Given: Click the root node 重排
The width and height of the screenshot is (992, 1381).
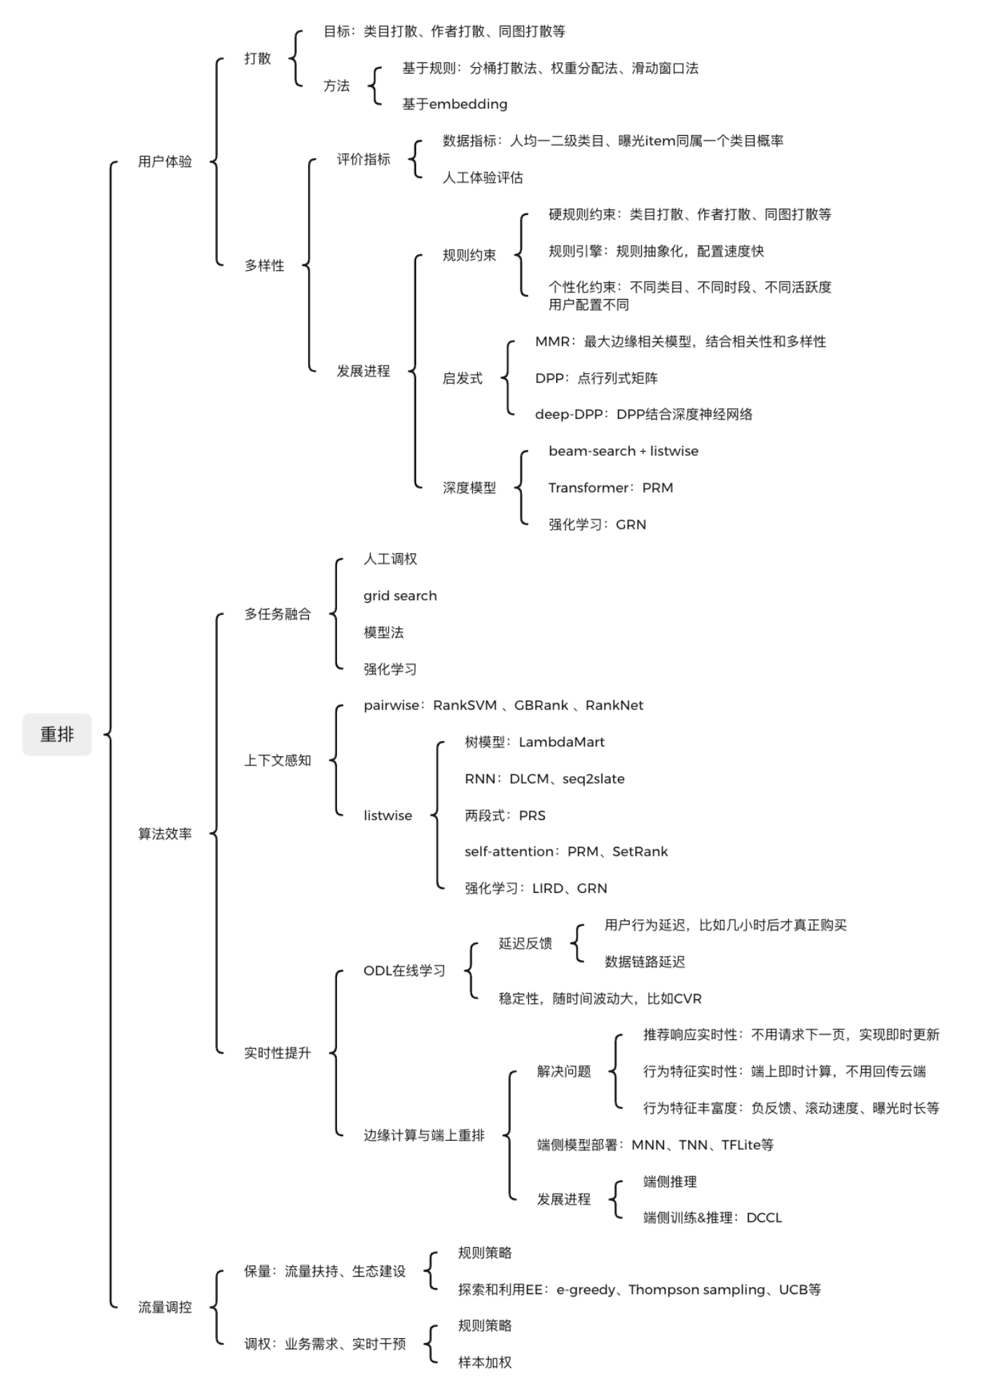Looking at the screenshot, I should (57, 734).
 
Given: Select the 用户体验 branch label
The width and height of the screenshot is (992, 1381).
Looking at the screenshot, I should (165, 162).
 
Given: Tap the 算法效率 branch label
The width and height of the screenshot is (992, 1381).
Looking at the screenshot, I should (165, 833).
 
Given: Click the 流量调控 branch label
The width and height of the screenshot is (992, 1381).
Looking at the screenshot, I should (165, 1307).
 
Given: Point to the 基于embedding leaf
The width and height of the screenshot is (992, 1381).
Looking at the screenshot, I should (455, 104).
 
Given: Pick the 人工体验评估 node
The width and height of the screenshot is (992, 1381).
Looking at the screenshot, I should (483, 178).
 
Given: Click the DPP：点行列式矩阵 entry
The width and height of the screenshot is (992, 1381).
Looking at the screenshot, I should (596, 378).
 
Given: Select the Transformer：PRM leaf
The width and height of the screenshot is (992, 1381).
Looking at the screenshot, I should (610, 488).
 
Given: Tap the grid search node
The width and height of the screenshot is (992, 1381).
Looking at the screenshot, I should (400, 596).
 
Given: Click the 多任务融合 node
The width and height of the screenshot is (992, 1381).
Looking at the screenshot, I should (277, 614).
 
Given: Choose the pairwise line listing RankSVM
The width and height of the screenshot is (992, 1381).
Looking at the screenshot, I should (503, 705).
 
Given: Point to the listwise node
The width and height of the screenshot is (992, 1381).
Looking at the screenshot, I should (387, 815).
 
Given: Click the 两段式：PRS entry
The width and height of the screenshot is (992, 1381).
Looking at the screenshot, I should (504, 815).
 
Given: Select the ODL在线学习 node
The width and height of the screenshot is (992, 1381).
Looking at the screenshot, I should (404, 971).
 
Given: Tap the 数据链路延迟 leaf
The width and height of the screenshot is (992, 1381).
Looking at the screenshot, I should (645, 962).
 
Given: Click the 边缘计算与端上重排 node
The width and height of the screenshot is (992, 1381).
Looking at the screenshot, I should (424, 1135).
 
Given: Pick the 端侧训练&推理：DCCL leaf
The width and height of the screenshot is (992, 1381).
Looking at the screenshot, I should (712, 1217).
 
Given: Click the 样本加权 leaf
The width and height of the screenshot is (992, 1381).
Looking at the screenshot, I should (485, 1362).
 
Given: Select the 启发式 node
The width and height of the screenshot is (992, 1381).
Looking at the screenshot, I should (462, 378).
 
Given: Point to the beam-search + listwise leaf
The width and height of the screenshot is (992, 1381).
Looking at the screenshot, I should (623, 451).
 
